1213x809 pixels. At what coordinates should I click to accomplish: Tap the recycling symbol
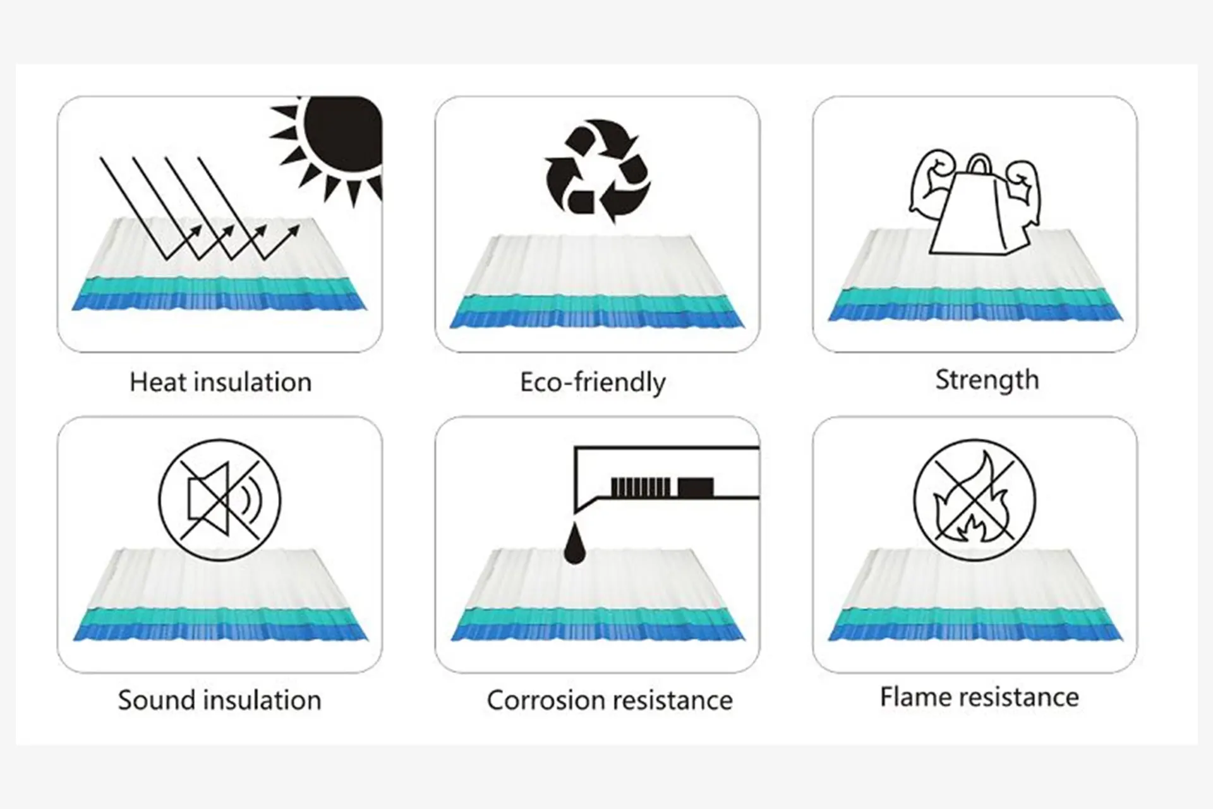click(597, 171)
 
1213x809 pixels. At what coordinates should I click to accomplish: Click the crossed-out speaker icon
click(220, 499)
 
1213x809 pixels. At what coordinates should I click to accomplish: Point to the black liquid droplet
click(574, 545)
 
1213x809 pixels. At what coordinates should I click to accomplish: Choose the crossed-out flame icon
click(975, 499)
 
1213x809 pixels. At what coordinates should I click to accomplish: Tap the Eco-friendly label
click(593, 382)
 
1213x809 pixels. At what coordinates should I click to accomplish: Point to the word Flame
click(915, 697)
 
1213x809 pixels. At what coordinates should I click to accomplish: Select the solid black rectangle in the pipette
click(696, 487)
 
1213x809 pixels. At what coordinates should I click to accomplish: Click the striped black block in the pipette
click(641, 487)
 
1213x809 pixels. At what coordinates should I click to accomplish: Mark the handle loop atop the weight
click(979, 166)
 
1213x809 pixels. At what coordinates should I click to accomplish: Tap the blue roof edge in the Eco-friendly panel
click(597, 319)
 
